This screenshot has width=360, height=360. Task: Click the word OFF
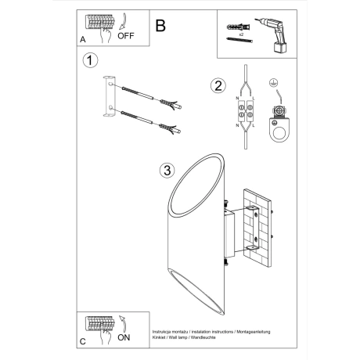point(126,36)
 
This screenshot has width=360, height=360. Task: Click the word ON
point(124,339)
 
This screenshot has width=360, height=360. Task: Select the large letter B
point(160,26)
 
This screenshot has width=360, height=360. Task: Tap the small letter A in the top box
point(83,39)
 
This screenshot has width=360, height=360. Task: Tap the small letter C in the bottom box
point(83,341)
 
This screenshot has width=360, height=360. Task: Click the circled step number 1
point(91,60)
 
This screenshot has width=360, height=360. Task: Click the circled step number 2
point(218,85)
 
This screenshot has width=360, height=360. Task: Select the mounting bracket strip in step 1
point(110,98)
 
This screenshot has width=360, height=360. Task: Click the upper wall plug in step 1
point(142,95)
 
